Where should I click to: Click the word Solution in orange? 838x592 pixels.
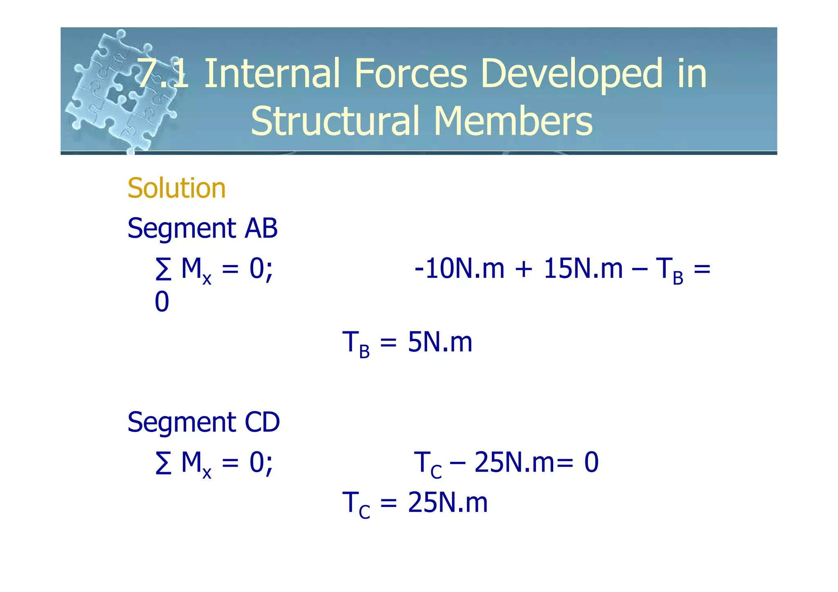pos(176,188)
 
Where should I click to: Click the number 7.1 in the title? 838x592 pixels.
pos(163,74)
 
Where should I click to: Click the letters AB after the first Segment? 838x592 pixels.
pos(261,228)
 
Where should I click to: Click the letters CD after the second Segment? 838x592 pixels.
pos(262,422)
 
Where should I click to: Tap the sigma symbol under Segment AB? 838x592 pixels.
pos(164,270)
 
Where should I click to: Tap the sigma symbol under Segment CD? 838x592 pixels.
pos(164,464)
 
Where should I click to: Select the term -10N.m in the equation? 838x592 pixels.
pos(459,269)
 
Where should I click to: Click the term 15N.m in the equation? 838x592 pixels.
pos(583,269)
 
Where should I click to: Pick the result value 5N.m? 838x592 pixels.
pos(440,342)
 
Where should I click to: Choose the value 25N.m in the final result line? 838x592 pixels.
pos(448,502)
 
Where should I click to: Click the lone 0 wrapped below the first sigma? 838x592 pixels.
pos(162,302)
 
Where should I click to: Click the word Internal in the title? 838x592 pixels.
pos(272,74)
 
